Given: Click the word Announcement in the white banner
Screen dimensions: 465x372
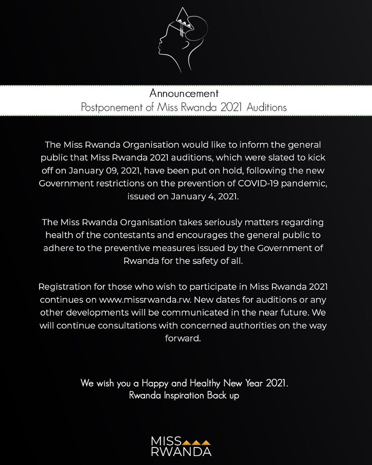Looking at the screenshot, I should coord(184,93).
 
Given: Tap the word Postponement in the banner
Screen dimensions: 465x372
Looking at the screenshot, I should coord(112,107).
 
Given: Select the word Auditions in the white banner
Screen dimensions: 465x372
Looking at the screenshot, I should coord(267,107).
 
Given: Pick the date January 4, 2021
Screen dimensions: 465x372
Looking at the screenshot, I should coord(205,196).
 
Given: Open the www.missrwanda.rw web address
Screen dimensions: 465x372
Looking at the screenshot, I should coord(145,300).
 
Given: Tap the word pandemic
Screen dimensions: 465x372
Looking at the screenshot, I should coord(304,183).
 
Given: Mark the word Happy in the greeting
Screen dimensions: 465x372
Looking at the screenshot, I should coord(155,383).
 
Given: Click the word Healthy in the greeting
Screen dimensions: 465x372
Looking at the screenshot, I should coord(205,383).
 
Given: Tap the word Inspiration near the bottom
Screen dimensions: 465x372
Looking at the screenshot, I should coord(184,395).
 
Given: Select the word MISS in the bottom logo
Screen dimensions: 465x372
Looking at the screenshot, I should coord(166,441).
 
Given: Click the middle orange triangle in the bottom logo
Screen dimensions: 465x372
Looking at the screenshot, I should coord(196,442).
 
